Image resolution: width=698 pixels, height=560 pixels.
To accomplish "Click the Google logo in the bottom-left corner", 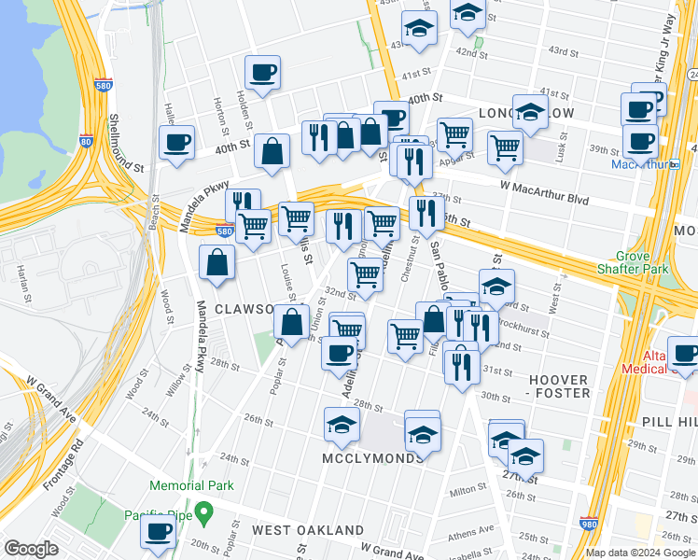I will pos(31,549).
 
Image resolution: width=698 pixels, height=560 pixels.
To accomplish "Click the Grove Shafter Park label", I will pos(652,263).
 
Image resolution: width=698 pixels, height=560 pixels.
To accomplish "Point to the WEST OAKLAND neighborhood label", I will pos(308,530).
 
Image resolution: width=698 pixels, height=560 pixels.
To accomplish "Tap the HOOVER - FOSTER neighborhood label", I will pos(559,386).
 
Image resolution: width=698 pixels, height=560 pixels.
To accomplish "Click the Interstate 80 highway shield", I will pos(86,142).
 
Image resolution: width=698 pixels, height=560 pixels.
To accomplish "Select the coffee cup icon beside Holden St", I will pos(263,72).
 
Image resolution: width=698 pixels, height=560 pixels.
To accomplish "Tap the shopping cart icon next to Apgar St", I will pos(505,147).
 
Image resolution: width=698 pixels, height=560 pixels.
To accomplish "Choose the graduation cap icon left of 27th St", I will pos(525,455).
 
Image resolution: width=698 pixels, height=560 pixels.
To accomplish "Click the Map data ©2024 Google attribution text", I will pos(640,553).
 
